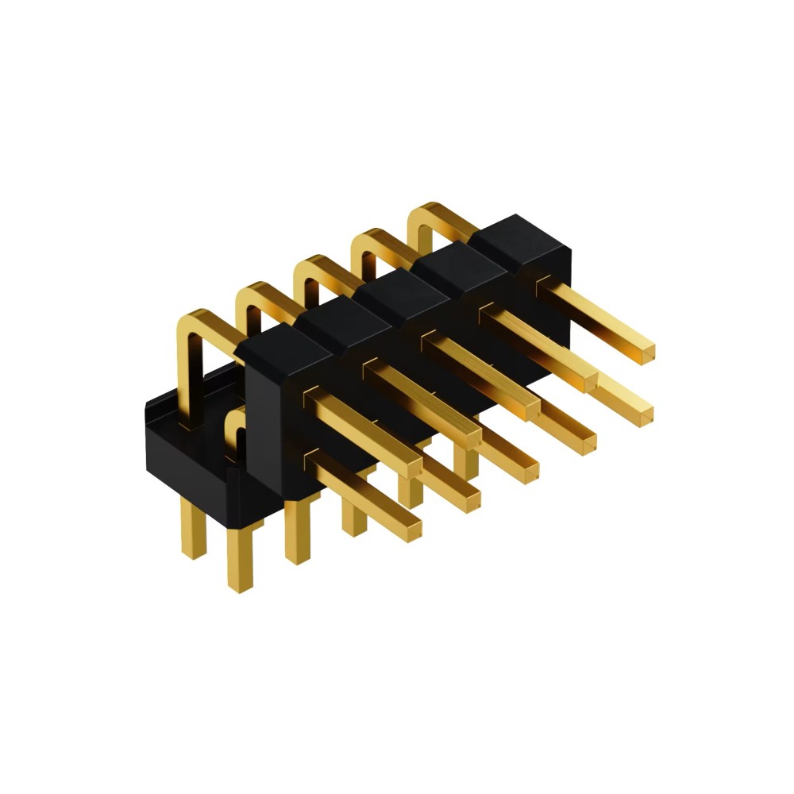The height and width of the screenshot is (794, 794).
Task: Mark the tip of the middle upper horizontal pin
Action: (530, 410)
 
